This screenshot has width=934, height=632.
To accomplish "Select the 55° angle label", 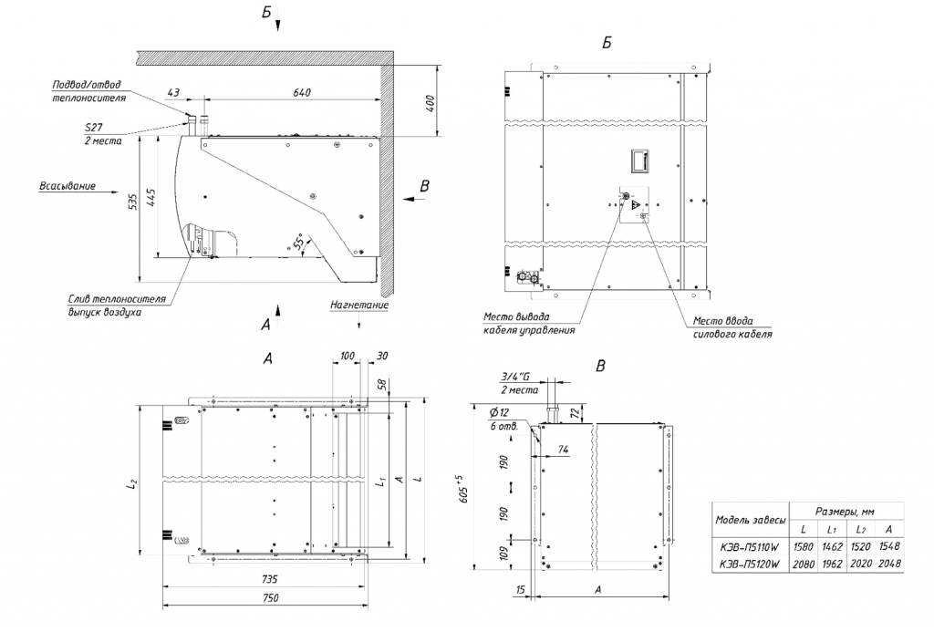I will pyautogui.click(x=297, y=243).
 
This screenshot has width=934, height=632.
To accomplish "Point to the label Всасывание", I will pyautogui.click(x=67, y=186).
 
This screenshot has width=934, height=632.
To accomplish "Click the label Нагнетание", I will pyautogui.click(x=359, y=306).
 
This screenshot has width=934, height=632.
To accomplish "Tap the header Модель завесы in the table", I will pyautogui.click(x=749, y=520).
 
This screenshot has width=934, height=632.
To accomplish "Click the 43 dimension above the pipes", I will pyautogui.click(x=173, y=92).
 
